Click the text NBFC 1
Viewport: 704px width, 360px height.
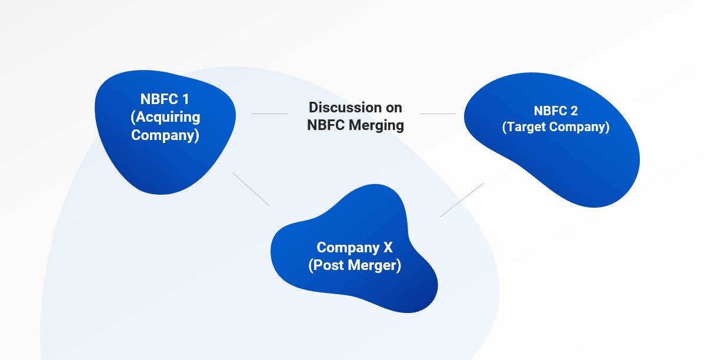(x=165, y=99)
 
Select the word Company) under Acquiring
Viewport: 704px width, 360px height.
(x=165, y=135)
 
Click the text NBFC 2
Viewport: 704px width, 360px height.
(x=556, y=111)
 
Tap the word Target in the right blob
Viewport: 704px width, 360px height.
(x=525, y=127)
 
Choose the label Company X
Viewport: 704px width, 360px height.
(x=355, y=247)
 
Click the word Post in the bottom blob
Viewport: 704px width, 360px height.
(x=326, y=265)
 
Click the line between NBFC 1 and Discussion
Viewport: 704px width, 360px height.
(x=269, y=114)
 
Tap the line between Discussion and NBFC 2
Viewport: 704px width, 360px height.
(x=438, y=114)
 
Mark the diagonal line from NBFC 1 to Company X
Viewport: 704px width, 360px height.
(x=251, y=189)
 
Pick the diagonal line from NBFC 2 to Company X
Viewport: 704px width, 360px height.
(x=462, y=200)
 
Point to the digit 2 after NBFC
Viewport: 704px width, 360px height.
(x=574, y=111)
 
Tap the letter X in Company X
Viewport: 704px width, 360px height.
(x=388, y=247)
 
